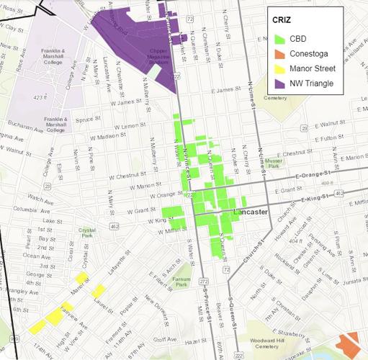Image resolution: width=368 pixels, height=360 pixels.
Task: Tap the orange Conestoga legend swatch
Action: point(278,53)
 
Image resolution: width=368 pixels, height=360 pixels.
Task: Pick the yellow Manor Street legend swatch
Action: point(278,68)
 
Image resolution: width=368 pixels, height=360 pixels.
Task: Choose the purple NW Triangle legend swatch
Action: point(278,84)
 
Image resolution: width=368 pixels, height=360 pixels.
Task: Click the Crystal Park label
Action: point(87,233)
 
